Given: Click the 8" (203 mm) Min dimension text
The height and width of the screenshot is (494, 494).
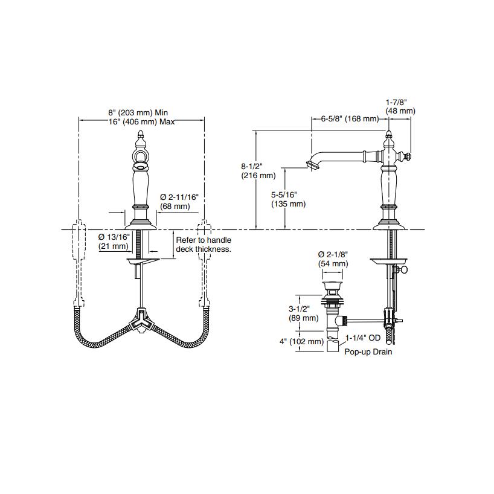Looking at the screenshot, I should click(137, 112).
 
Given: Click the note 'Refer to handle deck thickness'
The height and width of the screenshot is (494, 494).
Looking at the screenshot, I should click(203, 244).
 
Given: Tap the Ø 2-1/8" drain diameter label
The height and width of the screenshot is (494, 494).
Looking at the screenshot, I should click(333, 258).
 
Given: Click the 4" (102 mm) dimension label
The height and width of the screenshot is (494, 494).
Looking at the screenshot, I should click(301, 342).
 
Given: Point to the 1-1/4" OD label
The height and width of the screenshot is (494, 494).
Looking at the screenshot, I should click(362, 339).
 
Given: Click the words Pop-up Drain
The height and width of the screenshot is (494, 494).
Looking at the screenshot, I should click(368, 351).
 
